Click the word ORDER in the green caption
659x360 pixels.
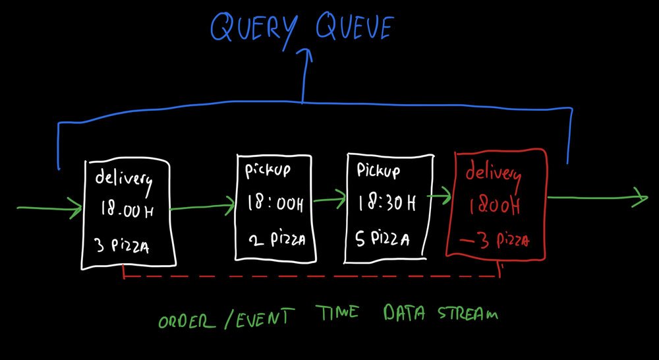pyautogui.click(x=186, y=322)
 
